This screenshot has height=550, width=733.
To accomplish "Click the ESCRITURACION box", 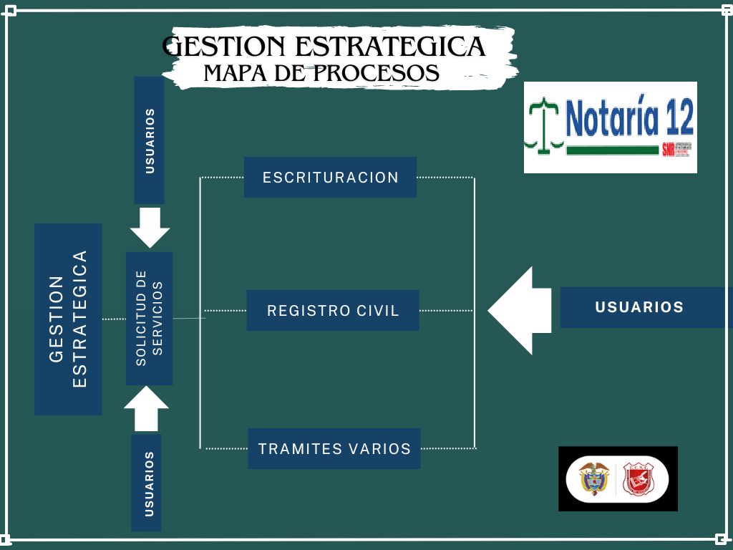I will (x=330, y=177).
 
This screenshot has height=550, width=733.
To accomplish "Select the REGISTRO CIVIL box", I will (x=333, y=310).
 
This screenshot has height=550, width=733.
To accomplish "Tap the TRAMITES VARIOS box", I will (x=334, y=449).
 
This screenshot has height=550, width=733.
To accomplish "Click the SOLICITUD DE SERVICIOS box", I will (x=150, y=318).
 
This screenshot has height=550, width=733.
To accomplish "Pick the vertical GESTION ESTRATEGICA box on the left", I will (x=68, y=319).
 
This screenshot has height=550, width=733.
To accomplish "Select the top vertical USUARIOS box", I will (x=149, y=140).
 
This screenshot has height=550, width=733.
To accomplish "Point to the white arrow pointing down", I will (x=150, y=227).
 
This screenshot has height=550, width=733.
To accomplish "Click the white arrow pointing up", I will (x=146, y=409).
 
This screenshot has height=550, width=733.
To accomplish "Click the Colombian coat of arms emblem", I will (x=593, y=478).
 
